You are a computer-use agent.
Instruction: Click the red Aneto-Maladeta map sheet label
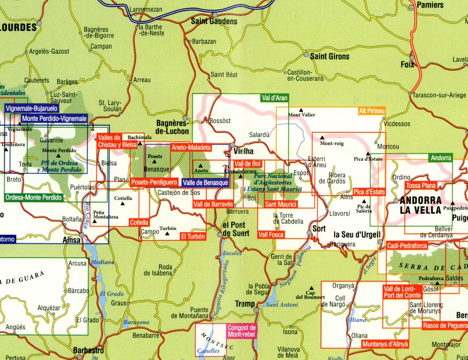[x=191, y=147]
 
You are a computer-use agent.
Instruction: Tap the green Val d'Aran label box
[x=274, y=98]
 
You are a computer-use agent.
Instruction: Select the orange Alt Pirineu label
[x=372, y=111]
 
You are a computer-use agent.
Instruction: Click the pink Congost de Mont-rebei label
[x=242, y=331]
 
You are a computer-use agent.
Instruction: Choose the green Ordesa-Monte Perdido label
[x=34, y=198]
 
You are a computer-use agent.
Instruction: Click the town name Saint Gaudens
[x=214, y=22]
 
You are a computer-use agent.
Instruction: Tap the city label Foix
[x=408, y=65]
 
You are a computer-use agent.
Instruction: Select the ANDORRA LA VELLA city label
[x=421, y=205]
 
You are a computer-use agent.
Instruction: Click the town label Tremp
[x=245, y=304]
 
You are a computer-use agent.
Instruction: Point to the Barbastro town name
[x=88, y=350]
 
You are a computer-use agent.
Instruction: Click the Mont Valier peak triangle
[x=301, y=109]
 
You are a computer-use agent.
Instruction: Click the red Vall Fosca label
[x=271, y=234]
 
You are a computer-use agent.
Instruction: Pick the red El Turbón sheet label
[x=193, y=237]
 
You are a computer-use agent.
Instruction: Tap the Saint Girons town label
[x=329, y=56]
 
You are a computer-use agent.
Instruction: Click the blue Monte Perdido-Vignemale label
[x=54, y=119]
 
